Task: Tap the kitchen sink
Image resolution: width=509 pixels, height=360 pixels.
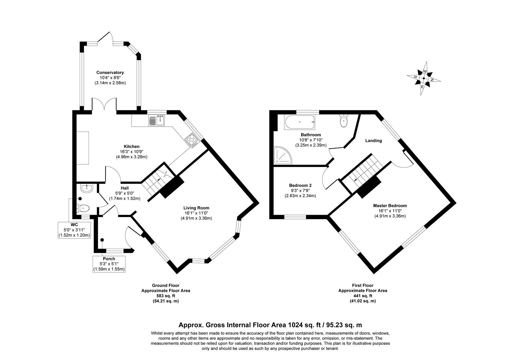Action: tap(157, 120)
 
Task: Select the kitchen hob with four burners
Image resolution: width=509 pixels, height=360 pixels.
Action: tap(192, 140)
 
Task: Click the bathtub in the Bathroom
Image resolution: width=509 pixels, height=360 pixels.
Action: tap(299, 122)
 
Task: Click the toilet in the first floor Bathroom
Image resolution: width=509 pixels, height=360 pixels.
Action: tap(343, 121)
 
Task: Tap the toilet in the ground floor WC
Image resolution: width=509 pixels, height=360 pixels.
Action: tap(83, 208)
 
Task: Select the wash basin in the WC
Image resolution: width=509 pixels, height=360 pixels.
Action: tap(86, 188)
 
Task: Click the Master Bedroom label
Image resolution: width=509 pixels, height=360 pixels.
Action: tap(390, 206)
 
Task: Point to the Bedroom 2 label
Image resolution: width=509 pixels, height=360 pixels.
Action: tap(300, 185)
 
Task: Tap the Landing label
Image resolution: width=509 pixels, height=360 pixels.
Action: tap(373, 141)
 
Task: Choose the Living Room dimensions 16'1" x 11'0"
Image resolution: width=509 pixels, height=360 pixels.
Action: tap(196, 213)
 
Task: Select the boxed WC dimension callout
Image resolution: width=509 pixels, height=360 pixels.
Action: tap(74, 230)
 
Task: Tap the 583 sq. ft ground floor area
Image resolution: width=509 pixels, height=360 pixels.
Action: tap(166, 296)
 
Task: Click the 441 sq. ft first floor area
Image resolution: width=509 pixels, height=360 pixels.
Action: tap(362, 296)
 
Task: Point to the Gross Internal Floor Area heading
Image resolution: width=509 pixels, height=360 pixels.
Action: tap(270, 325)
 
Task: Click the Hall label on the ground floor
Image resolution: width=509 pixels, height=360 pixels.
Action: tap(125, 188)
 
